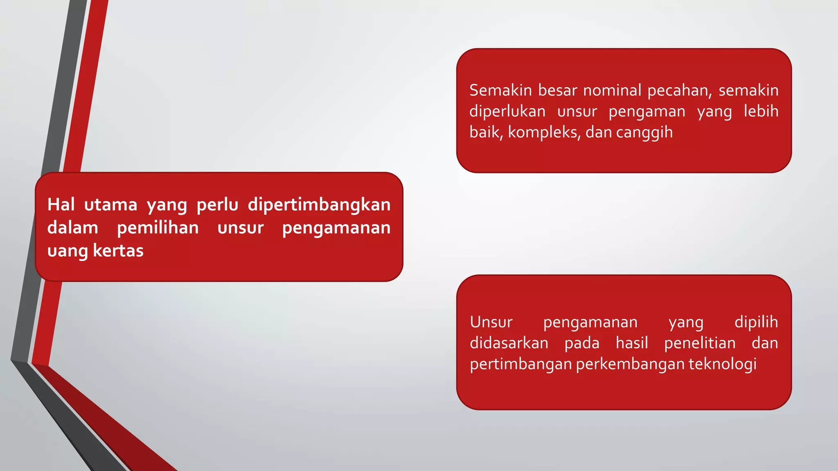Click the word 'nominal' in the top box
click(x=612, y=90)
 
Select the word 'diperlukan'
click(x=507, y=111)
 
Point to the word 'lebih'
click(x=761, y=111)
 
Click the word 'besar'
click(x=557, y=90)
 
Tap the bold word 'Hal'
click(x=61, y=204)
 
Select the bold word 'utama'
click(x=110, y=204)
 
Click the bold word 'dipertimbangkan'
click(x=319, y=204)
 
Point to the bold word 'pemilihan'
click(x=158, y=228)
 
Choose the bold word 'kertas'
click(x=118, y=251)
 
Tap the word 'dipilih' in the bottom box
click(x=756, y=322)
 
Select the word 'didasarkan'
click(x=509, y=343)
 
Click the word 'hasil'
click(x=632, y=343)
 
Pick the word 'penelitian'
click(x=700, y=343)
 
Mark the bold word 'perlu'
click(x=217, y=204)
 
